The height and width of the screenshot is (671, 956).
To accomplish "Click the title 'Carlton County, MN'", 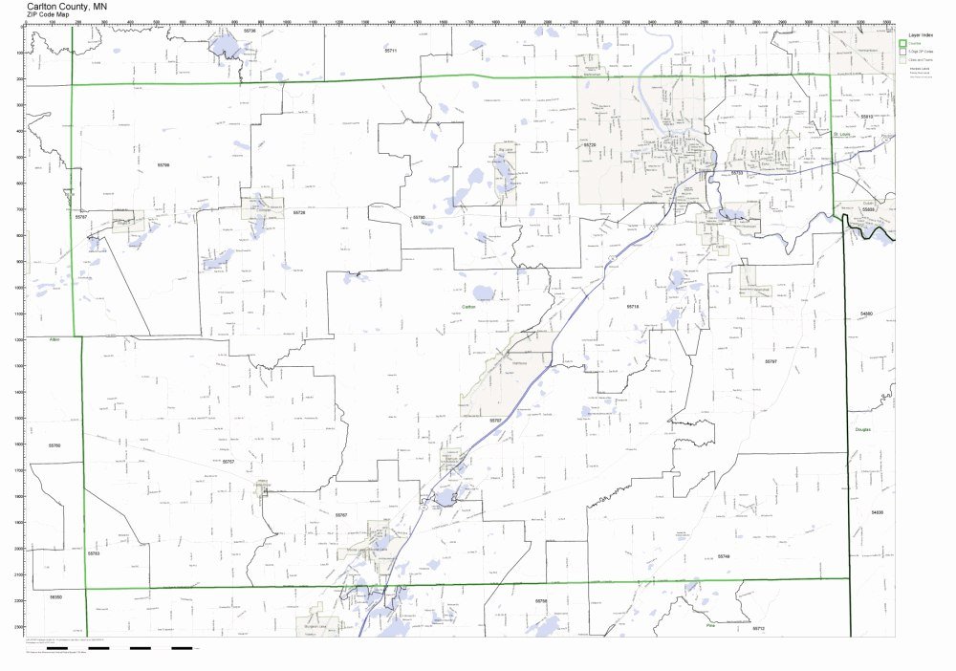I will (67, 6).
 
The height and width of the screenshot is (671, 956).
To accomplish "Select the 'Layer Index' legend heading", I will (922, 34).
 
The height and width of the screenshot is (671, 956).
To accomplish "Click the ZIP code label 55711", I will (390, 49).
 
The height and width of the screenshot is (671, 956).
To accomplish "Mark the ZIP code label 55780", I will (419, 218).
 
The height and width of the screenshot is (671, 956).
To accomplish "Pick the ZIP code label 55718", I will (632, 307).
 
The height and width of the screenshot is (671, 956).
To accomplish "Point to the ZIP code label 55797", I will (771, 361).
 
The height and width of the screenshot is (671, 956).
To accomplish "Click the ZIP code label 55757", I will (228, 462).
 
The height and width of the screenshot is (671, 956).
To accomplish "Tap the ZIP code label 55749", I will (724, 555).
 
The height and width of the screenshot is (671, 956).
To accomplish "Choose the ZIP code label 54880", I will (866, 314).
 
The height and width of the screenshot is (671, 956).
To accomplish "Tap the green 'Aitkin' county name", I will (54, 339).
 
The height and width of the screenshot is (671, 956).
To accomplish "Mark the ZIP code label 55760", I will (54, 445).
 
